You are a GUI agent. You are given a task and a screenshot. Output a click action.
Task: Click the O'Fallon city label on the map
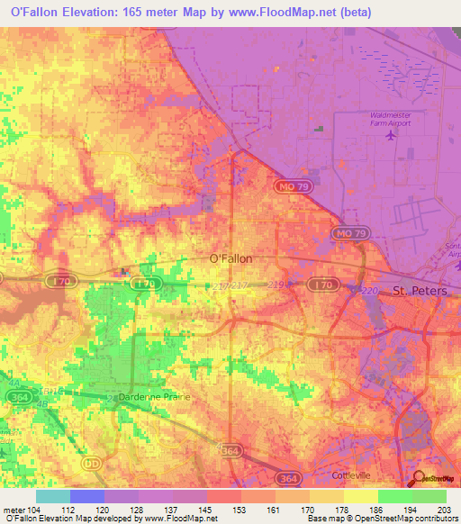[x=230, y=257]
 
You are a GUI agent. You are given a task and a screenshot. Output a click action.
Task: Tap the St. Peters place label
[x=420, y=292]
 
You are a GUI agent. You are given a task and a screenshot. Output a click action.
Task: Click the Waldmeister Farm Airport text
[x=389, y=120]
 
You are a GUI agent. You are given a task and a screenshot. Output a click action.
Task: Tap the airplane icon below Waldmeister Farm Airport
[x=390, y=136]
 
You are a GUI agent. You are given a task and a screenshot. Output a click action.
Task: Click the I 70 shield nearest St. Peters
[x=320, y=284]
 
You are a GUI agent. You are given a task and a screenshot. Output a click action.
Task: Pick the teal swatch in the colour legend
[x=53, y=496]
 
